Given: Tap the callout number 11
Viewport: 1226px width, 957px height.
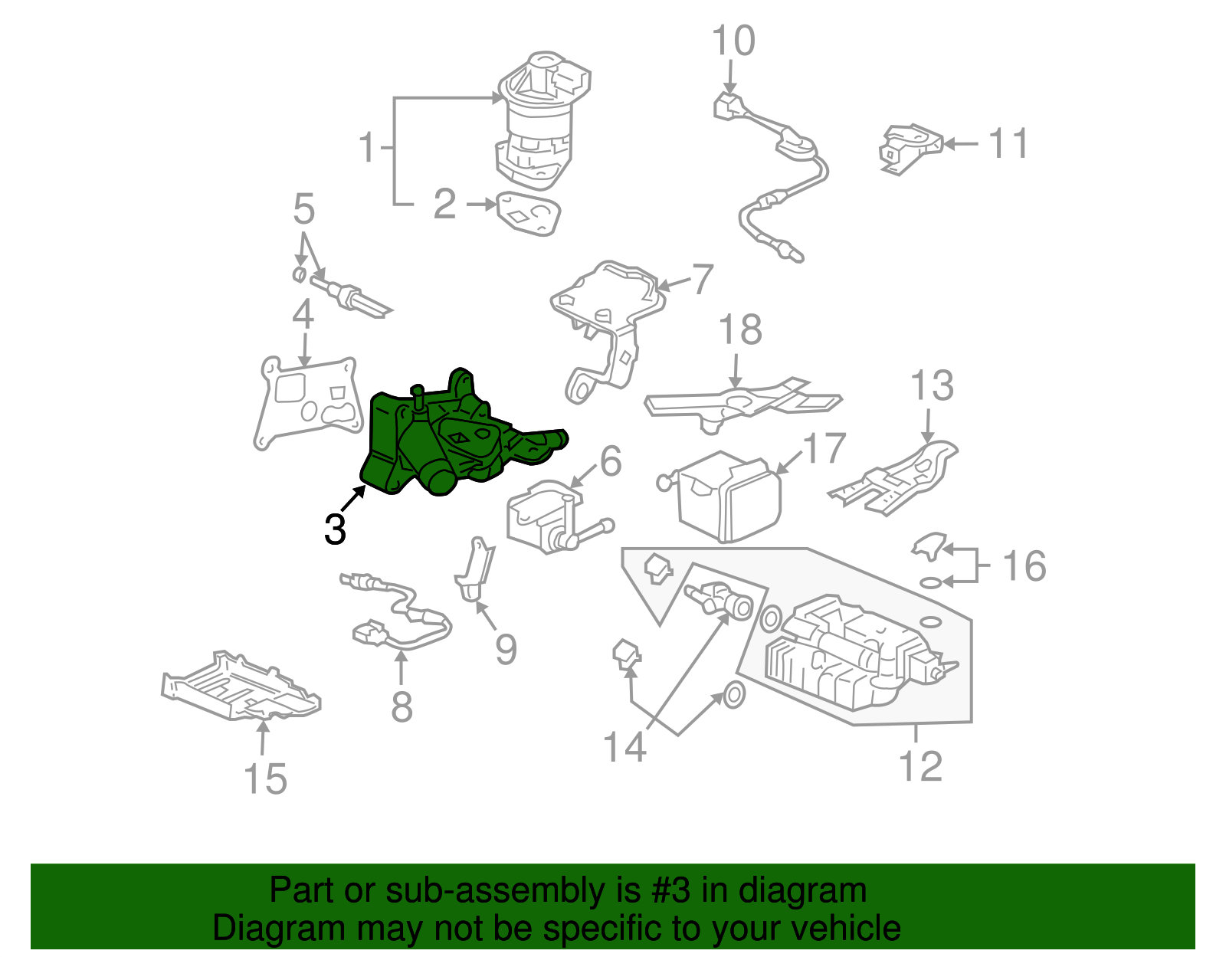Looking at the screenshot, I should (x=1008, y=143).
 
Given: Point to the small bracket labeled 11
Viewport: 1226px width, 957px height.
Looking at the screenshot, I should (x=908, y=147).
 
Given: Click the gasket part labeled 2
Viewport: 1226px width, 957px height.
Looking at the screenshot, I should (x=528, y=212).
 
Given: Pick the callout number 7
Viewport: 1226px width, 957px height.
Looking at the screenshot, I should (x=703, y=280).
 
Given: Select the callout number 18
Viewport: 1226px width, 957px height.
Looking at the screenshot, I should (x=740, y=330).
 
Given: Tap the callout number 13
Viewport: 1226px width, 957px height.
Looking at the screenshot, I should (x=932, y=385).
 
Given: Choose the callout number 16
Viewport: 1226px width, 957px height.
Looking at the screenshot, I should (x=1024, y=566).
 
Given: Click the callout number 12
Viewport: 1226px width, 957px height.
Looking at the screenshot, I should (x=920, y=765).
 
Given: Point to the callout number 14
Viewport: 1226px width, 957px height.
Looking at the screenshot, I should (x=624, y=747).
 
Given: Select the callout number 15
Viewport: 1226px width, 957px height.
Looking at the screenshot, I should (x=265, y=778).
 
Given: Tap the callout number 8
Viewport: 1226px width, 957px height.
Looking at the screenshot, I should (x=402, y=706).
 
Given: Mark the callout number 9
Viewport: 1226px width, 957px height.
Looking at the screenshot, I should (x=506, y=649).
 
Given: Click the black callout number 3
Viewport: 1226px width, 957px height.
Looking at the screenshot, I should (x=335, y=529).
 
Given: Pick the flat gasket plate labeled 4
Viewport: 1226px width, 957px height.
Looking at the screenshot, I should (x=306, y=402).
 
